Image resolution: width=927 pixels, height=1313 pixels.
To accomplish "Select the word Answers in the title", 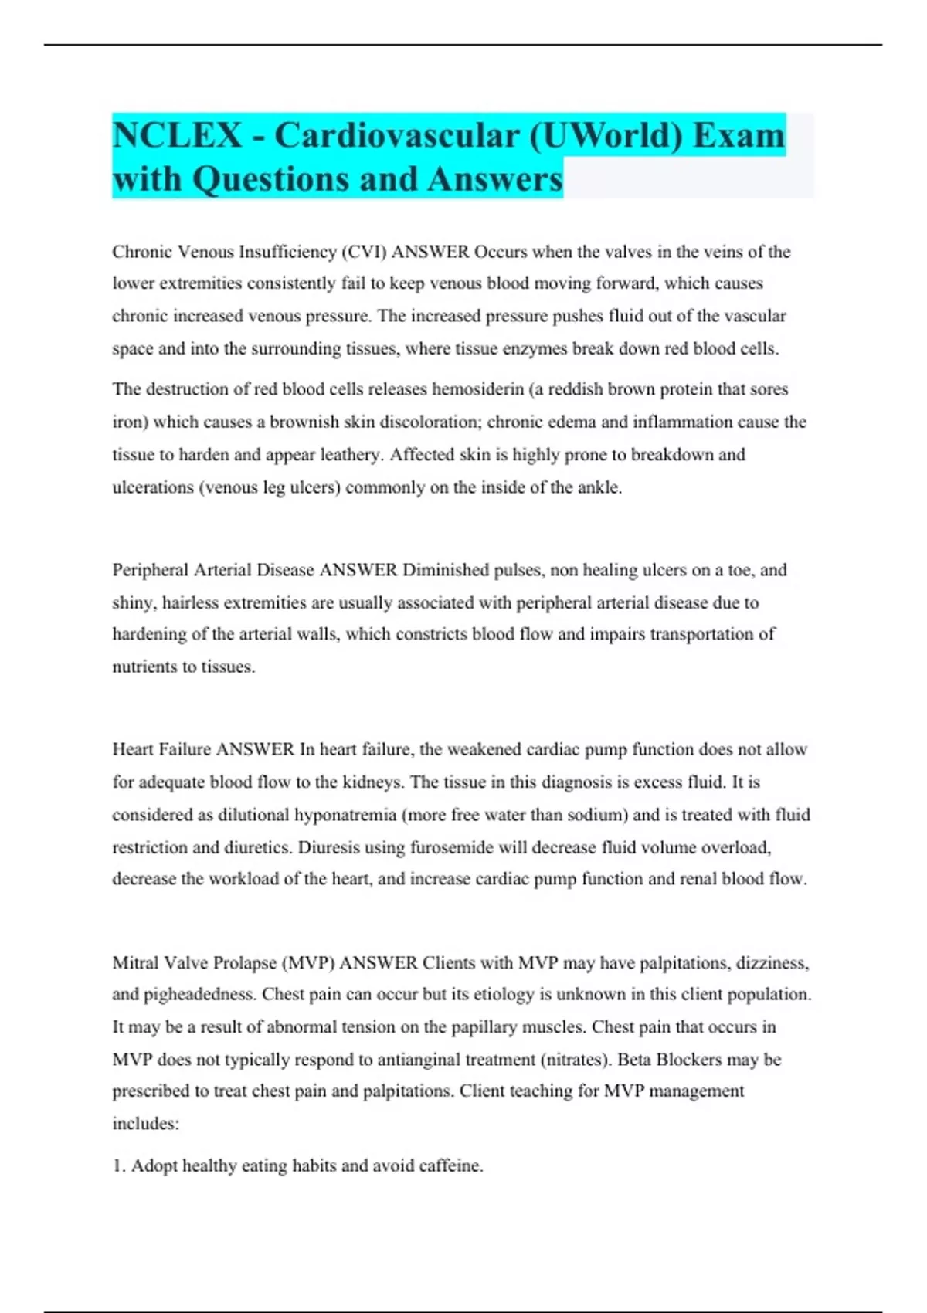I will click(494, 179).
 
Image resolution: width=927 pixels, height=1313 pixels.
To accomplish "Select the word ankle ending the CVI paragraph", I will click(599, 487).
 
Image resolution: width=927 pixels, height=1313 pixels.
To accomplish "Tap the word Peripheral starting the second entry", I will click(151, 570).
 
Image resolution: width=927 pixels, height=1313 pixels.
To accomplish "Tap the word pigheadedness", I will click(196, 994).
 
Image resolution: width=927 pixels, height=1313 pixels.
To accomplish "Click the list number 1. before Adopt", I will click(119, 1165).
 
